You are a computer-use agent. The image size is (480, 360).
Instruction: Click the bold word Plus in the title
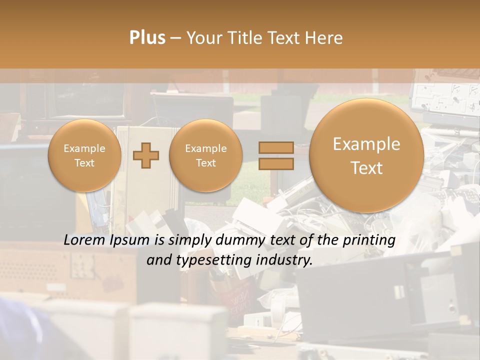[x=147, y=38]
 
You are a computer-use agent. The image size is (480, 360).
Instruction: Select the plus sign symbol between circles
[x=146, y=155]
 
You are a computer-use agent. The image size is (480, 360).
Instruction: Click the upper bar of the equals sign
[x=275, y=147]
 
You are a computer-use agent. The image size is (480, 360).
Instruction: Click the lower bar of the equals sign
[x=275, y=163]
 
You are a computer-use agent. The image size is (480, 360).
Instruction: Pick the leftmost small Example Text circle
[x=84, y=155]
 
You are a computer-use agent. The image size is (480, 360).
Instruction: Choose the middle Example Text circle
[x=205, y=155]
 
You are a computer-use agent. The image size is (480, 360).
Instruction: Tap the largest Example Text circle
[x=366, y=155]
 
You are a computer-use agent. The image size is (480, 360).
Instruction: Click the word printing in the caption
[x=369, y=240]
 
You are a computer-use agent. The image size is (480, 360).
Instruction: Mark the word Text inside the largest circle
[x=366, y=168]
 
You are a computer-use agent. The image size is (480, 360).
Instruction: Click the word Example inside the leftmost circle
[x=84, y=148]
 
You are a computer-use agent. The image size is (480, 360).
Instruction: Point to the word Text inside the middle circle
[x=205, y=163]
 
